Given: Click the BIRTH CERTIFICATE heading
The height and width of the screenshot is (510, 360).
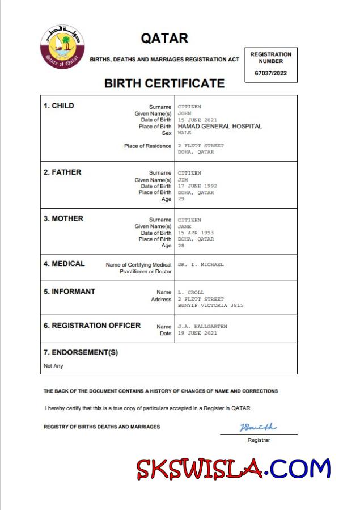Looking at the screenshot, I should pyautogui.click(x=164, y=83).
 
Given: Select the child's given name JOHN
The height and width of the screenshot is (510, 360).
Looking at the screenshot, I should pyautogui.click(x=185, y=113).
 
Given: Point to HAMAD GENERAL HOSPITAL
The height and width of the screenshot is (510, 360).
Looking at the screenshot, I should pyautogui.click(x=220, y=127).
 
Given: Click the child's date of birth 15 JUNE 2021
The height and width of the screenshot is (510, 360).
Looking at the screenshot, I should pyautogui.click(x=197, y=120).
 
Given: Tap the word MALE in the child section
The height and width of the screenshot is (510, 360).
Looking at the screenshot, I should pyautogui.click(x=185, y=133).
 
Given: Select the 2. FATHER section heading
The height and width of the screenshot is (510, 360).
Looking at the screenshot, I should pyautogui.click(x=62, y=172).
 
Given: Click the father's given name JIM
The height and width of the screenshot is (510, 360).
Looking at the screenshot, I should pyautogui.click(x=183, y=180).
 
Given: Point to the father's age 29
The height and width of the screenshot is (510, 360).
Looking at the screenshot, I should pyautogui.click(x=181, y=199).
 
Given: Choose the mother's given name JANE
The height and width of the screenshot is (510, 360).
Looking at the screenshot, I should pyautogui.click(x=185, y=226).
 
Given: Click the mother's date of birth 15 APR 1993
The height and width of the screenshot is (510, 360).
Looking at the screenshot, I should pyautogui.click(x=196, y=233).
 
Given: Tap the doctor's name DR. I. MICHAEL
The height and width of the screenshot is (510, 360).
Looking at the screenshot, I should pyautogui.click(x=201, y=264).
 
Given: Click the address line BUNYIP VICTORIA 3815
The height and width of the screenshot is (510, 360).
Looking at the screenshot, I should pyautogui.click(x=210, y=305).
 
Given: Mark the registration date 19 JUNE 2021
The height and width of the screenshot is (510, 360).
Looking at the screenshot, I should pyautogui.click(x=197, y=333).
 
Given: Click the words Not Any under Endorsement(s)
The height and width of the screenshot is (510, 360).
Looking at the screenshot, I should pyautogui.click(x=53, y=366).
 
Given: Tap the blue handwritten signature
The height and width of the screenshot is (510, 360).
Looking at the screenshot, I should pyautogui.click(x=258, y=427).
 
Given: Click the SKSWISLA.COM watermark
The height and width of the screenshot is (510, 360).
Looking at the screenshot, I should pyautogui.click(x=232, y=469).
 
